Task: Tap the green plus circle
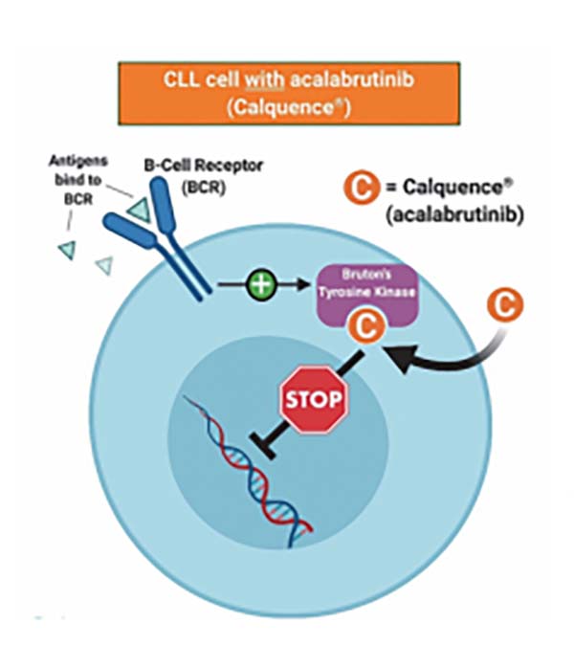[x=261, y=284]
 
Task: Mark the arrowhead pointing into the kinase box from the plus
[x=312, y=284]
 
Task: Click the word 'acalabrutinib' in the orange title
[x=336, y=82]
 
